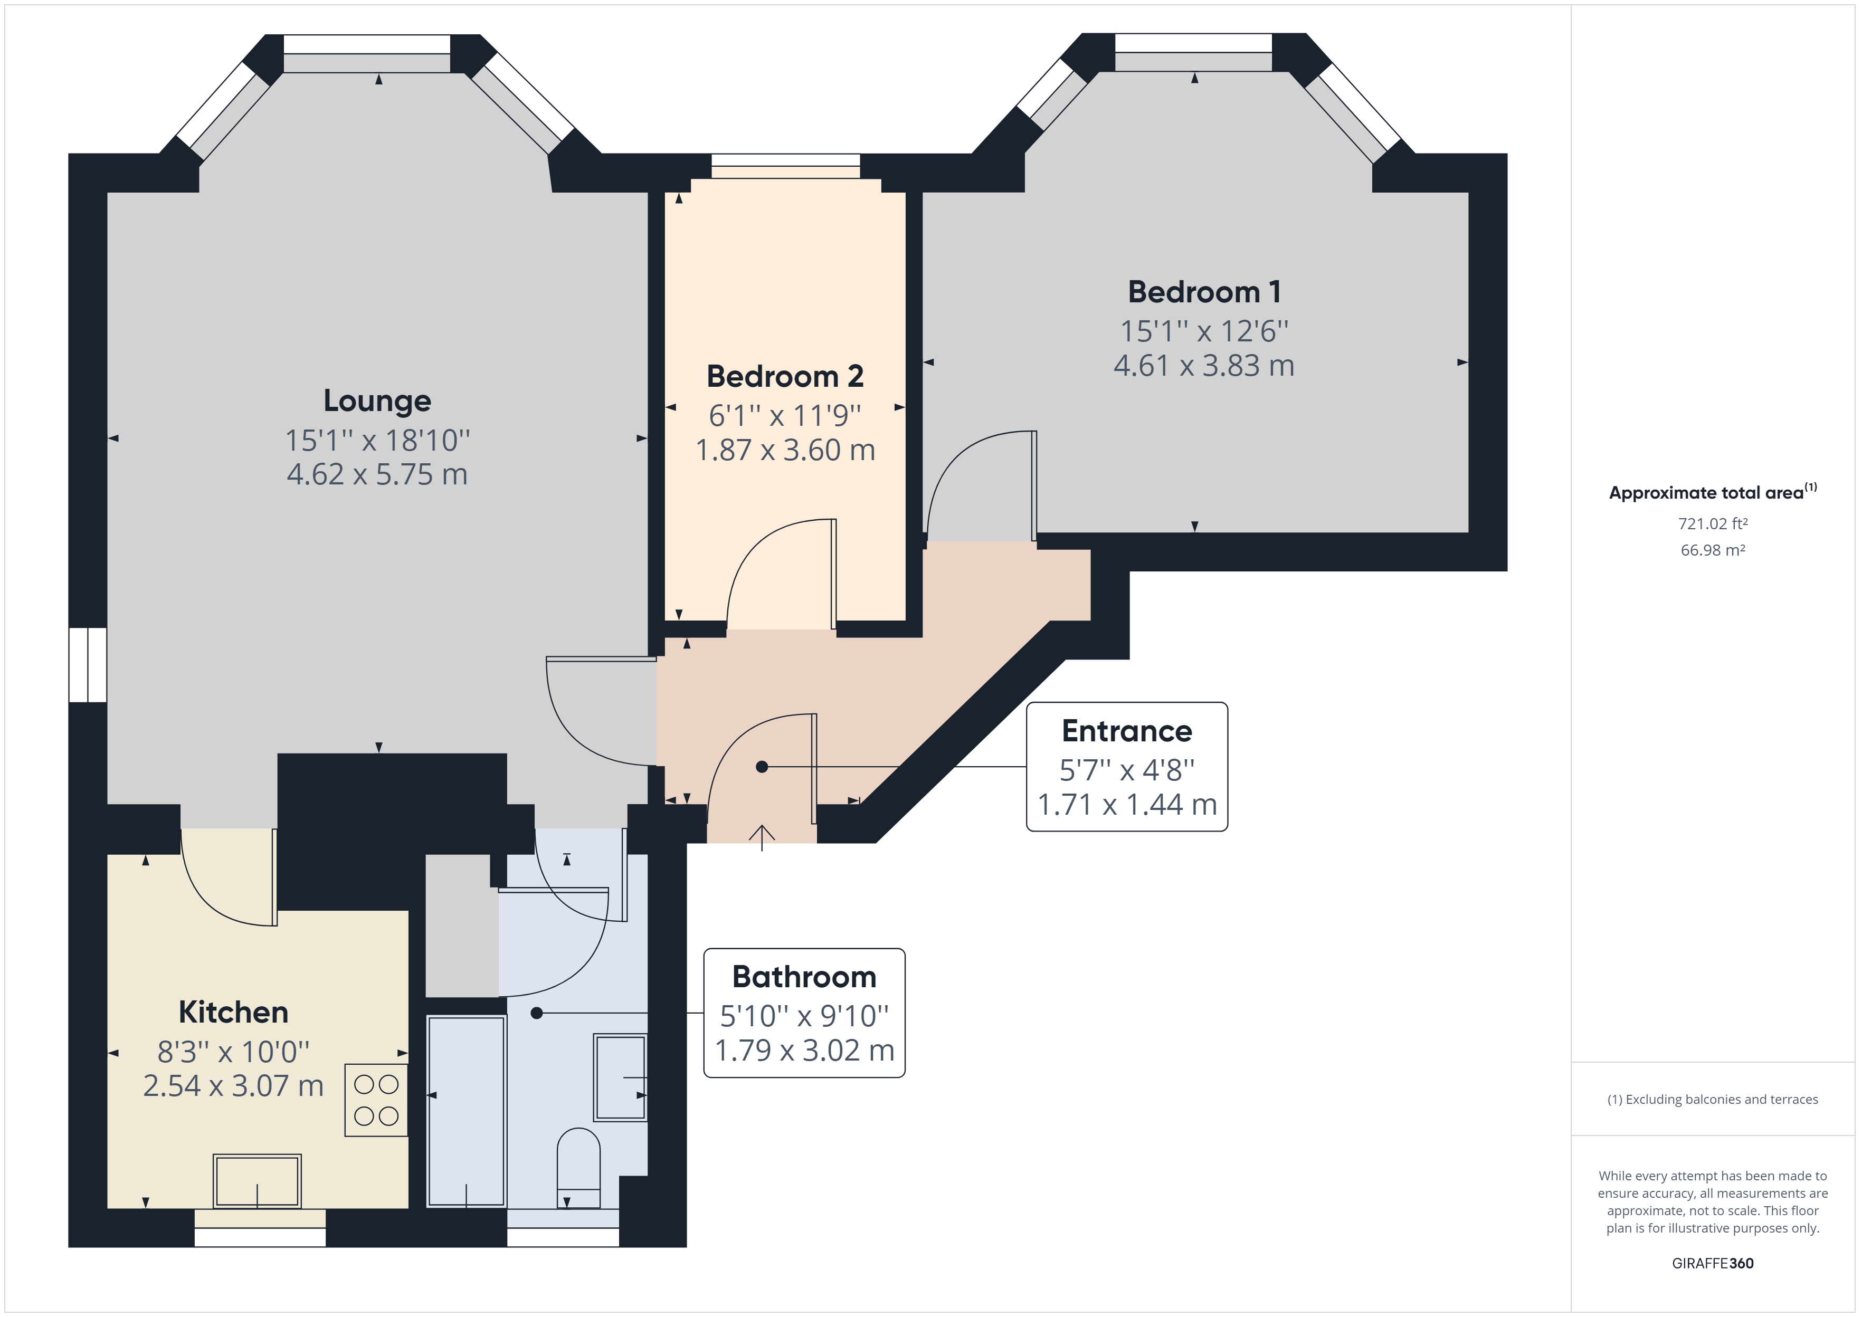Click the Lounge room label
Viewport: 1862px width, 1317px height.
click(377, 400)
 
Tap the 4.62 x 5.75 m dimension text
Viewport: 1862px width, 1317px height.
click(377, 474)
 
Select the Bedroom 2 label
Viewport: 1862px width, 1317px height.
click(784, 376)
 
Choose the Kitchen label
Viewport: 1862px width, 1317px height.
click(233, 1012)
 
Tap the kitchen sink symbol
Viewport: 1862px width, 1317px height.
click(257, 1181)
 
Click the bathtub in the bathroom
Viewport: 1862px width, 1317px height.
click(467, 1111)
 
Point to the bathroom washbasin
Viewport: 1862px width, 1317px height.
click(620, 1077)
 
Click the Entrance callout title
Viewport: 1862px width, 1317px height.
click(1126, 731)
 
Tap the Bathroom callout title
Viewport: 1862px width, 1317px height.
click(804, 976)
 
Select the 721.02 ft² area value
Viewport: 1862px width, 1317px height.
click(1712, 524)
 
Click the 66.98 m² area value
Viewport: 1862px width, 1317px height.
click(1712, 550)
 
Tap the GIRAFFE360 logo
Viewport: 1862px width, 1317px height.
click(1712, 1263)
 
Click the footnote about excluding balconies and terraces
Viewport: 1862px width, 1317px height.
click(1712, 1100)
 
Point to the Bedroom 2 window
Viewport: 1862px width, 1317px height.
click(785, 166)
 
